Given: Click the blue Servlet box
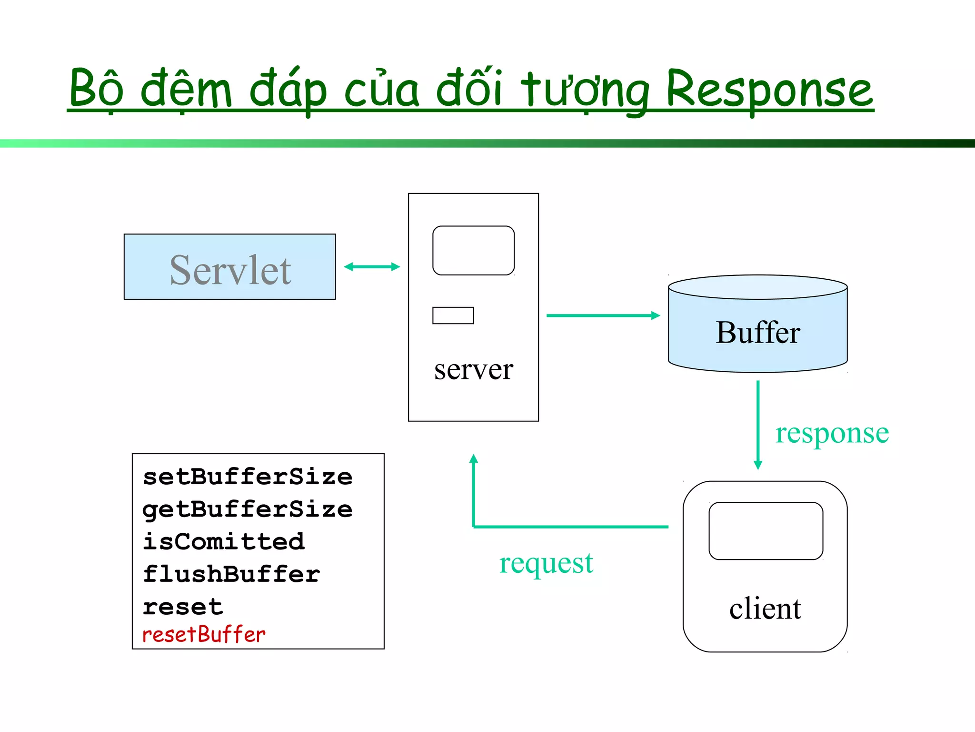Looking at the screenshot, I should (229, 267).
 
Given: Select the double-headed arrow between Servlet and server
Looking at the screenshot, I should (372, 267).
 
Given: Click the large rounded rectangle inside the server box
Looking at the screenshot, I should (473, 251).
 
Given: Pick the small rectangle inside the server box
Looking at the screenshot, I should (453, 315).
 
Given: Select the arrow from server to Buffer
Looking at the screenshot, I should (602, 315).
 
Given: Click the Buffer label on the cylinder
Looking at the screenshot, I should (757, 333).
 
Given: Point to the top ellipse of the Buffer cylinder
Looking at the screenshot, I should (757, 287).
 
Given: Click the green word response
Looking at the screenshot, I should (832, 434).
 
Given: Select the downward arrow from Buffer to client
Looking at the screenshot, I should (758, 424).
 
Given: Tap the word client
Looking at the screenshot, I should (765, 609).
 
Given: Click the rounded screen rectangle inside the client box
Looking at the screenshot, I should (766, 531).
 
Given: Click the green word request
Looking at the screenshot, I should (546, 564).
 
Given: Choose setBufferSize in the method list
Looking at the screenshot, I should (248, 477).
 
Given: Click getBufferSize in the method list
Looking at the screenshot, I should (248, 509).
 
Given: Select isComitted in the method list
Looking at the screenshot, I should (224, 542).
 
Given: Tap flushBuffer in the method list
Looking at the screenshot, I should (231, 574).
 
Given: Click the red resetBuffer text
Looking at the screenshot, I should (204, 635).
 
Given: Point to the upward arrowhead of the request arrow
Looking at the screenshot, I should (473, 459).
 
